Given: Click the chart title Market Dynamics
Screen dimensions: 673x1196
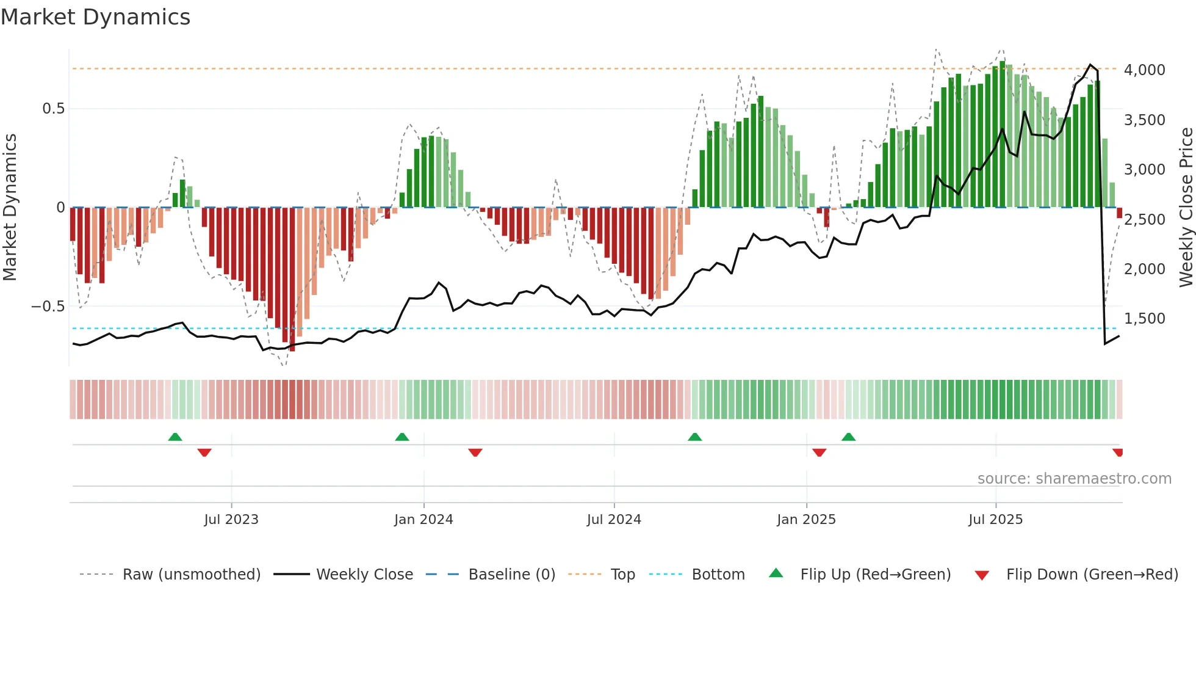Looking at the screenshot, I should click(95, 17).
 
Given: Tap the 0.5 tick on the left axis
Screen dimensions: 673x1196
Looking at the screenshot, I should click(53, 109).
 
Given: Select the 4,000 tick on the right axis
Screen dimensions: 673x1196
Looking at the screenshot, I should click(1144, 70).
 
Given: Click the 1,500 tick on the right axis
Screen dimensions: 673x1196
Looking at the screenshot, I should click(1144, 318).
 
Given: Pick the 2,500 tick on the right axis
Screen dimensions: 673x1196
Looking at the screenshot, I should click(1144, 219).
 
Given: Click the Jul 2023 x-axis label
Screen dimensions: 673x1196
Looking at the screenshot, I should click(231, 520).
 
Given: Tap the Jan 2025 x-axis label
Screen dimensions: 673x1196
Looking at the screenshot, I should click(806, 520).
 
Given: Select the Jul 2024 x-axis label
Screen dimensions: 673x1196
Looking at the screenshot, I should click(614, 520).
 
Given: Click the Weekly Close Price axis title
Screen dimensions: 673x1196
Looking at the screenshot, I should click(1186, 208).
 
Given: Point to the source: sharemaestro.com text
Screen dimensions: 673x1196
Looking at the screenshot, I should click(1074, 479).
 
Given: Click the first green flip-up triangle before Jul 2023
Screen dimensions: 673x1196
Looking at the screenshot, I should click(175, 437).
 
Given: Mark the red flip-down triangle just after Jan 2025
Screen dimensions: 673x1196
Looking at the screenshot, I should click(820, 452).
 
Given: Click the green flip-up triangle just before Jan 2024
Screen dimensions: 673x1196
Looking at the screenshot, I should click(402, 437).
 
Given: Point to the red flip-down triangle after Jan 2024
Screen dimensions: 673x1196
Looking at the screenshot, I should click(475, 452).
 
